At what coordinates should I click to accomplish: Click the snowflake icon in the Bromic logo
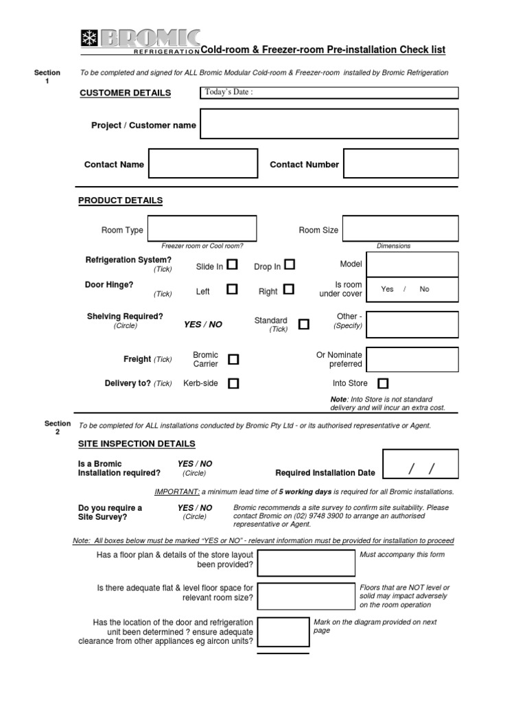coord(89,38)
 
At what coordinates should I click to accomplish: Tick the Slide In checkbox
coord(233,264)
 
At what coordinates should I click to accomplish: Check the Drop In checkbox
coord(290,264)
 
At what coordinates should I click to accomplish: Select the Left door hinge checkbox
coord(232,290)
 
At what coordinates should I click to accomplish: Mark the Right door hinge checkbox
coord(288,290)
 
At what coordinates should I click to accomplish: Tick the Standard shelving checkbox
coord(303,324)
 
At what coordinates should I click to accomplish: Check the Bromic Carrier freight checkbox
coord(233,359)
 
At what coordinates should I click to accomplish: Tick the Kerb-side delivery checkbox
coord(233,384)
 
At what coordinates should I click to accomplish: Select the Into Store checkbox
coord(383,383)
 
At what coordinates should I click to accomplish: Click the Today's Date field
coord(329,93)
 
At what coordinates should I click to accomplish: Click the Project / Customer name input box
coord(329,124)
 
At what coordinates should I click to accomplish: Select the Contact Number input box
coord(401,164)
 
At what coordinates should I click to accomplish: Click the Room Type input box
coord(202,229)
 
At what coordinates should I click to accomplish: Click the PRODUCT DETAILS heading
coord(121,200)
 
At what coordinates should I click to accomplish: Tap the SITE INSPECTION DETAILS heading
coord(137,444)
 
